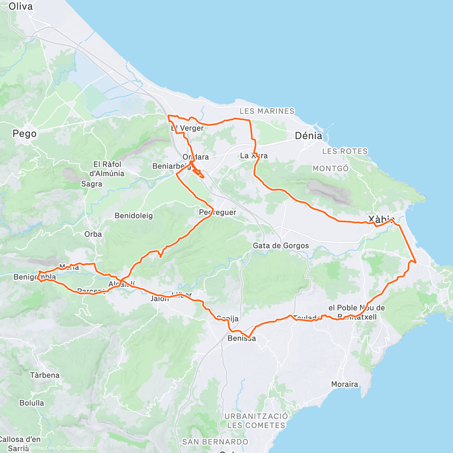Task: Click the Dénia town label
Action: (308, 136)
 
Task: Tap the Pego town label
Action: (25, 134)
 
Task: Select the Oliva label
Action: (20, 6)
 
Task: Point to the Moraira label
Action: (344, 384)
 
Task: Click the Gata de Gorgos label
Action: (281, 246)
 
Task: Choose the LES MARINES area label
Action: (267, 111)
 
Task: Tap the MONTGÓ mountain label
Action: (330, 168)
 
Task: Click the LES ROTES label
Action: (345, 151)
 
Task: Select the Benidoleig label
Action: (134, 216)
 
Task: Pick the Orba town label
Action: (93, 234)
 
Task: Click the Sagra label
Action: (92, 184)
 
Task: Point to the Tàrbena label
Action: (45, 375)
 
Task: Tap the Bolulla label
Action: (32, 403)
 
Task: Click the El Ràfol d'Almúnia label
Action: (107, 169)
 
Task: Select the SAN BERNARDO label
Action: (215, 442)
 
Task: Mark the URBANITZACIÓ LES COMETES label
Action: (256, 421)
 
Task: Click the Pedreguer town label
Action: (217, 213)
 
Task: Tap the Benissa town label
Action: (242, 339)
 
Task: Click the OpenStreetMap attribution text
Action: (80, 448)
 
